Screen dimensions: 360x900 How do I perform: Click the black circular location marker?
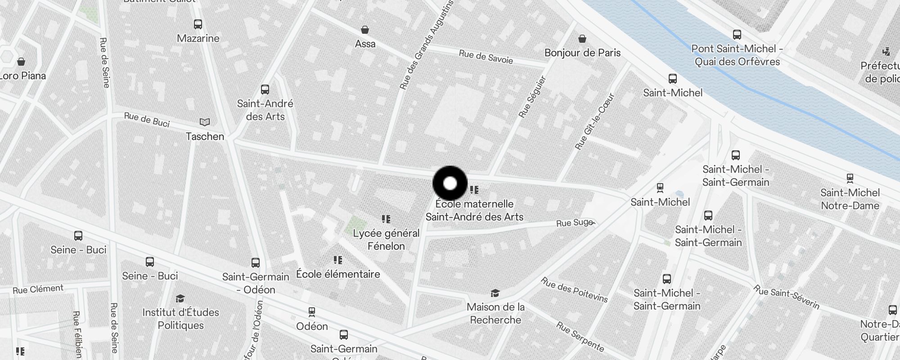click(x=450, y=184)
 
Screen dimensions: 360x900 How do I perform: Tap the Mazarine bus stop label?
click(x=198, y=38)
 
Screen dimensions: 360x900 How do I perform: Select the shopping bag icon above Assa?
click(x=365, y=30)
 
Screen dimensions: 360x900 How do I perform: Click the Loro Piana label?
click(x=22, y=76)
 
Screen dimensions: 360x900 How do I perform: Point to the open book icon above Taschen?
click(x=205, y=122)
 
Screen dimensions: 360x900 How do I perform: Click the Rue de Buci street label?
click(x=147, y=120)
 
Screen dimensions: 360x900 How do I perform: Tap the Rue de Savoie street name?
click(x=486, y=57)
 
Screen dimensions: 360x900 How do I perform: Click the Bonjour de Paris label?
click(x=582, y=53)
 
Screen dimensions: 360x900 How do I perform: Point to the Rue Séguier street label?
click(x=532, y=97)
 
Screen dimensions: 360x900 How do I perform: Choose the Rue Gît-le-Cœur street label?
click(x=594, y=121)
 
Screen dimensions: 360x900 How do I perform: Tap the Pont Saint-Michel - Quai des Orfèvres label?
click(x=737, y=55)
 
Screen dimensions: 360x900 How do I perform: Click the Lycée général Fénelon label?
click(x=386, y=239)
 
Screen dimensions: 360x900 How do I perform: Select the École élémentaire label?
click(x=338, y=274)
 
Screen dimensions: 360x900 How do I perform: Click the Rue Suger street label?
click(x=575, y=223)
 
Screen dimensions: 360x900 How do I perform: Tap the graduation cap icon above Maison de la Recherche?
click(x=495, y=293)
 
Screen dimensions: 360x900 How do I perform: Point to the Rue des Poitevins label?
click(x=574, y=290)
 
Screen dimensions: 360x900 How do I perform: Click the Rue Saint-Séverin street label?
click(x=787, y=297)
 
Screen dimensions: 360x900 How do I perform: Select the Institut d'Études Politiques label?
click(x=181, y=319)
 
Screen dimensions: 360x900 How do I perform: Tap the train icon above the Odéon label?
click(x=311, y=311)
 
